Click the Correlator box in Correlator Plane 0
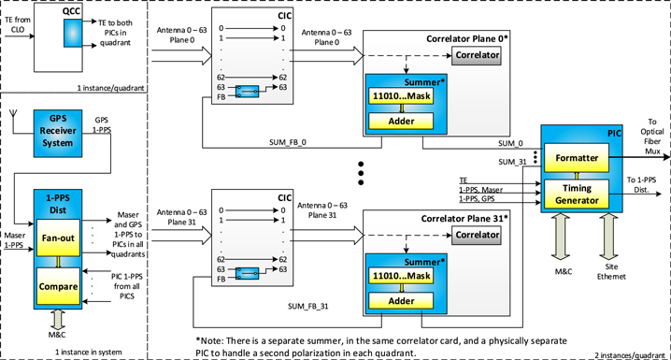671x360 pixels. (x=477, y=56)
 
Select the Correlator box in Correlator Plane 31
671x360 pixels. (x=477, y=237)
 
